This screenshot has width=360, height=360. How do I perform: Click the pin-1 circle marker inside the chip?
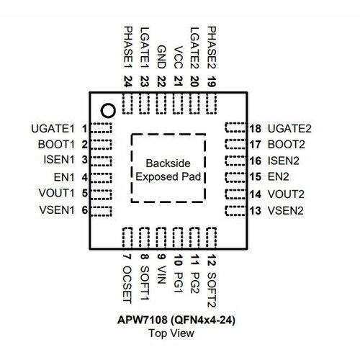108,110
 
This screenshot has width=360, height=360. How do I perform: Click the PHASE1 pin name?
127,48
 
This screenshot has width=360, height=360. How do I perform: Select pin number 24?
127,81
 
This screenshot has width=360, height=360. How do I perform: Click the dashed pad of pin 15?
235,176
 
